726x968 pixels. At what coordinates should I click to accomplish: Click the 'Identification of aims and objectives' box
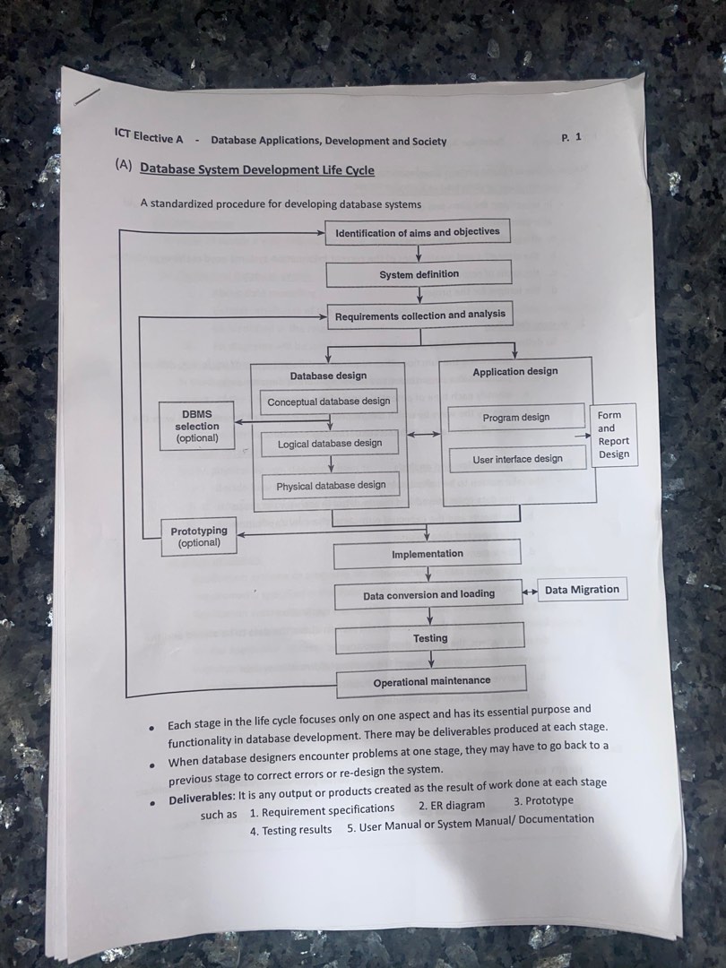(x=417, y=232)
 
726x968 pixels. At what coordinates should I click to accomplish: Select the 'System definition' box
(x=419, y=274)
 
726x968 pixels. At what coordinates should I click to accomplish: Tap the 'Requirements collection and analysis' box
(x=419, y=315)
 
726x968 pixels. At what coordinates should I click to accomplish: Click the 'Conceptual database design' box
(x=329, y=402)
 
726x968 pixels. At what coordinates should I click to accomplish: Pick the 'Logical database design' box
(x=330, y=443)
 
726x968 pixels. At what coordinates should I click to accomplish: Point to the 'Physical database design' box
(x=331, y=485)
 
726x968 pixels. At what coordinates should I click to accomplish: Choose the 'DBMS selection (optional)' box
(x=197, y=427)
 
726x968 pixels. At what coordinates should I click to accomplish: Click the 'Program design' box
(x=515, y=418)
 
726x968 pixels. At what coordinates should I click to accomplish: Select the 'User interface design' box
(x=517, y=459)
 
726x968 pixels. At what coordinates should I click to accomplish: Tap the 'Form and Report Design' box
(x=614, y=435)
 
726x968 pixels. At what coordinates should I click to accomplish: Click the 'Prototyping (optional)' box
(x=199, y=536)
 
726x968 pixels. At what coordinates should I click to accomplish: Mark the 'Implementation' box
(x=427, y=554)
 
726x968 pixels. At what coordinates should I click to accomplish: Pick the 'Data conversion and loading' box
(x=428, y=594)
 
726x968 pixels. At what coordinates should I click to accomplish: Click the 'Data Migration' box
(x=582, y=589)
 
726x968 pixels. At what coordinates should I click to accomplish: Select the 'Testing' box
(x=430, y=638)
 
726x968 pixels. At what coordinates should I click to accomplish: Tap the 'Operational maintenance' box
(x=431, y=680)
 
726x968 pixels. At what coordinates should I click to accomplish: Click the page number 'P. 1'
(x=571, y=137)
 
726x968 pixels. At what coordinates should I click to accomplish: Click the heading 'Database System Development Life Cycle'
(x=257, y=169)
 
